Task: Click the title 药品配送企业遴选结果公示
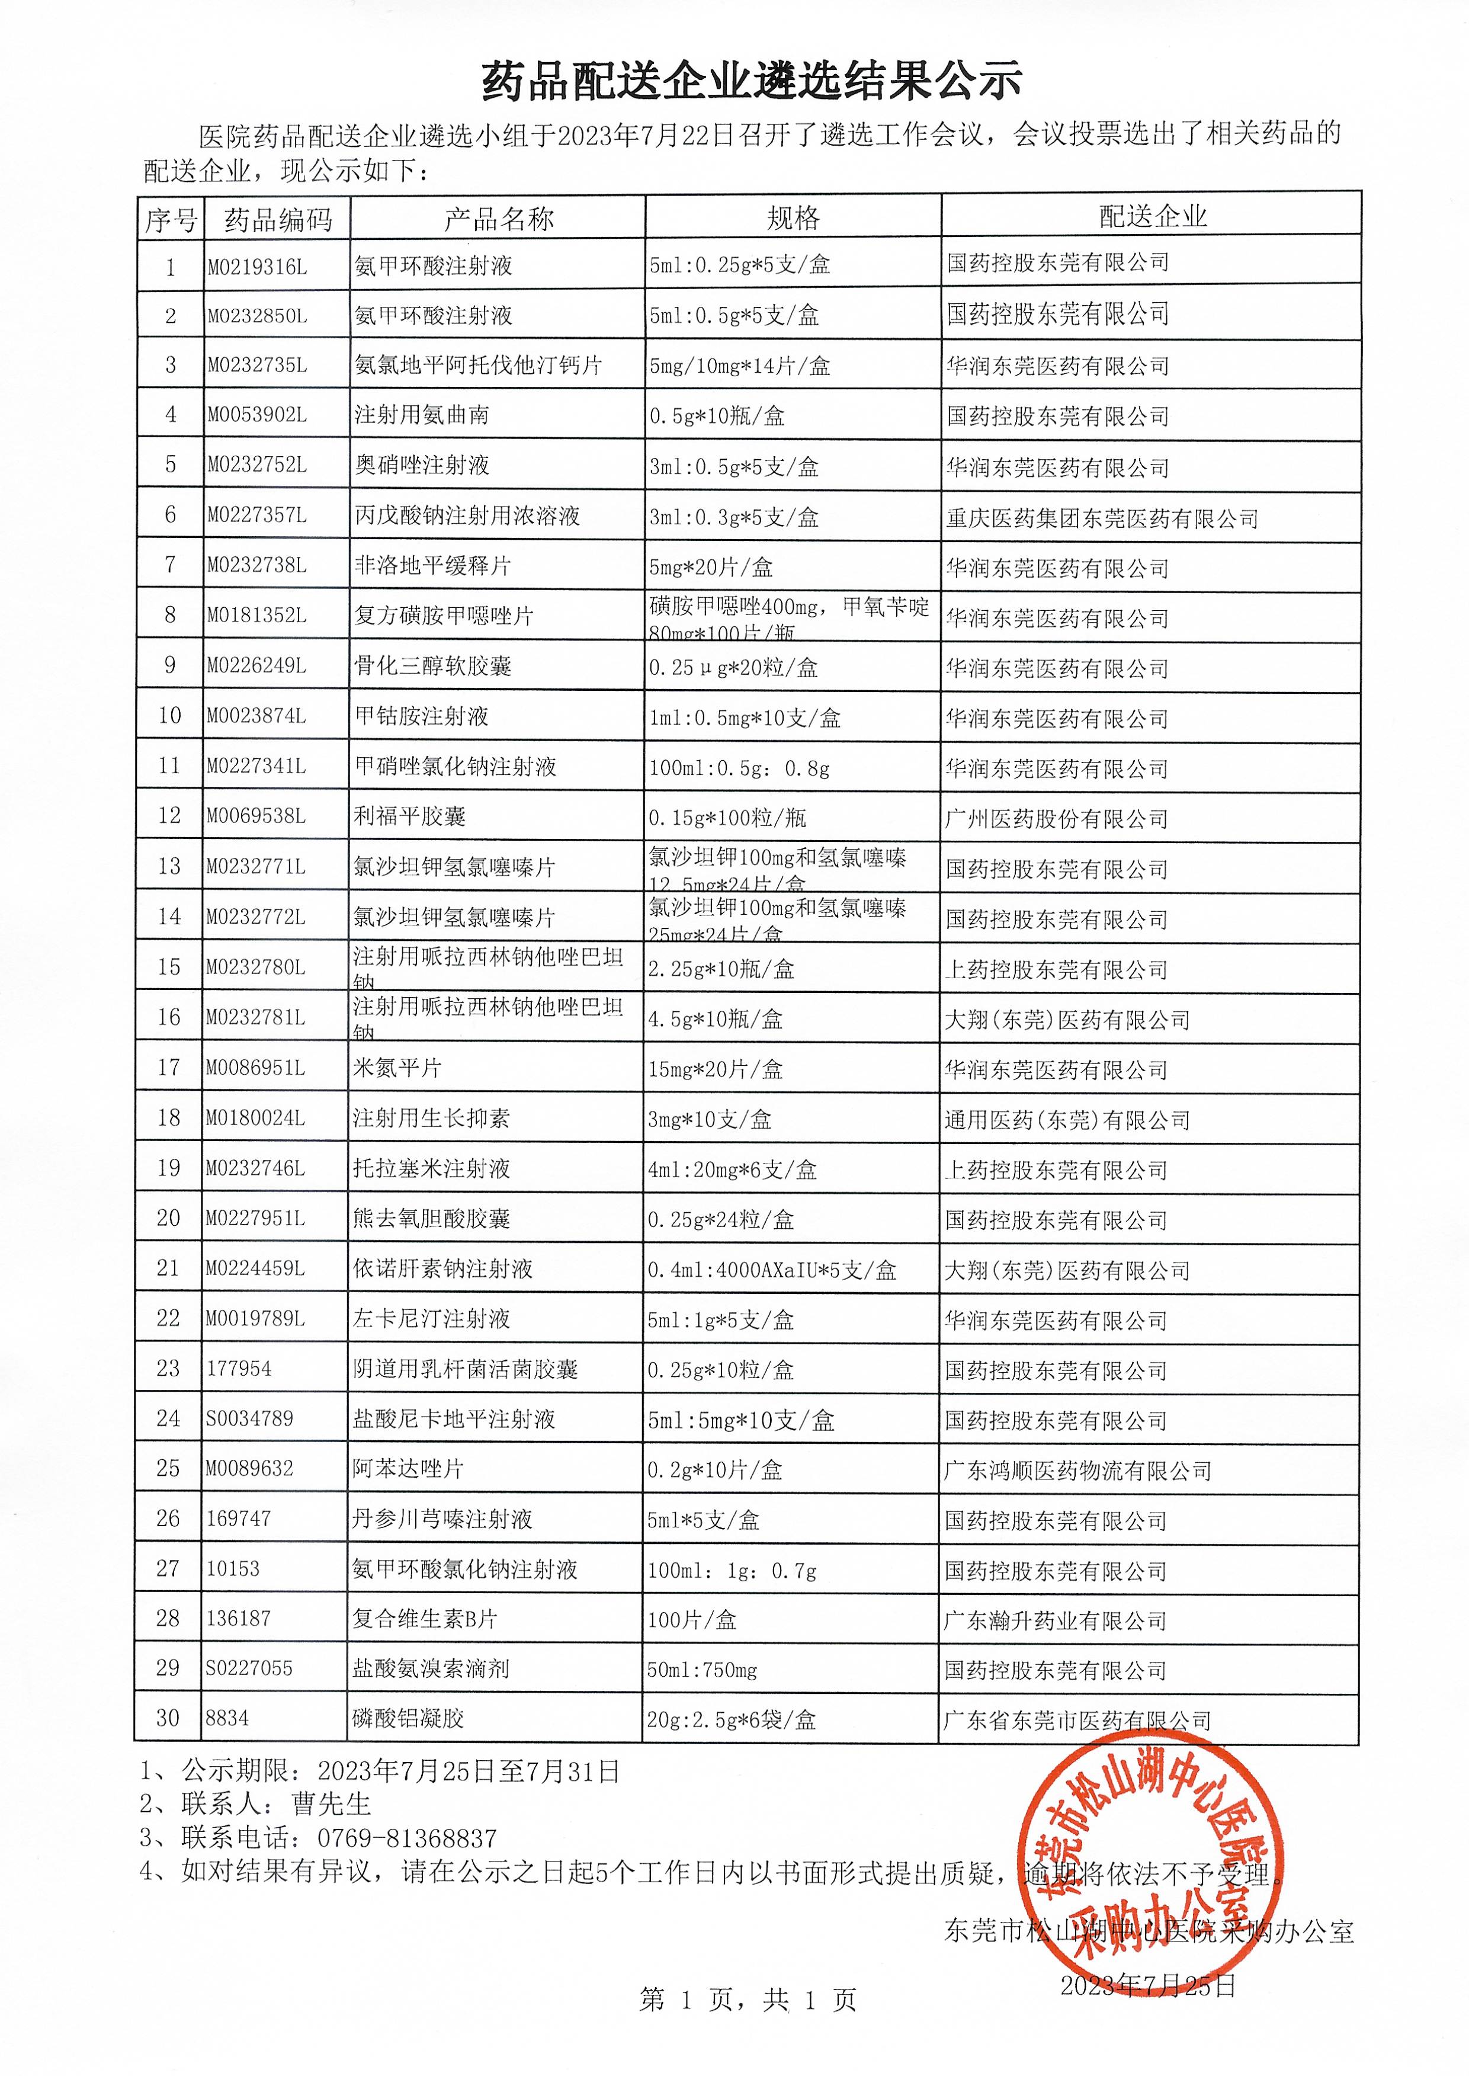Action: (752, 81)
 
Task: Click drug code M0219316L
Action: (257, 267)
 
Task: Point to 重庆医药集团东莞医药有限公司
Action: (1102, 519)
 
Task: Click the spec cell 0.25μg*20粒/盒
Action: (733, 668)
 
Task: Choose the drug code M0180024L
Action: (255, 1118)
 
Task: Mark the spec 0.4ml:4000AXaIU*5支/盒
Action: (772, 1271)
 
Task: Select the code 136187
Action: (238, 1618)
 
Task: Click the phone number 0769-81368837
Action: (406, 1838)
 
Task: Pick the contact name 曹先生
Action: (331, 1805)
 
